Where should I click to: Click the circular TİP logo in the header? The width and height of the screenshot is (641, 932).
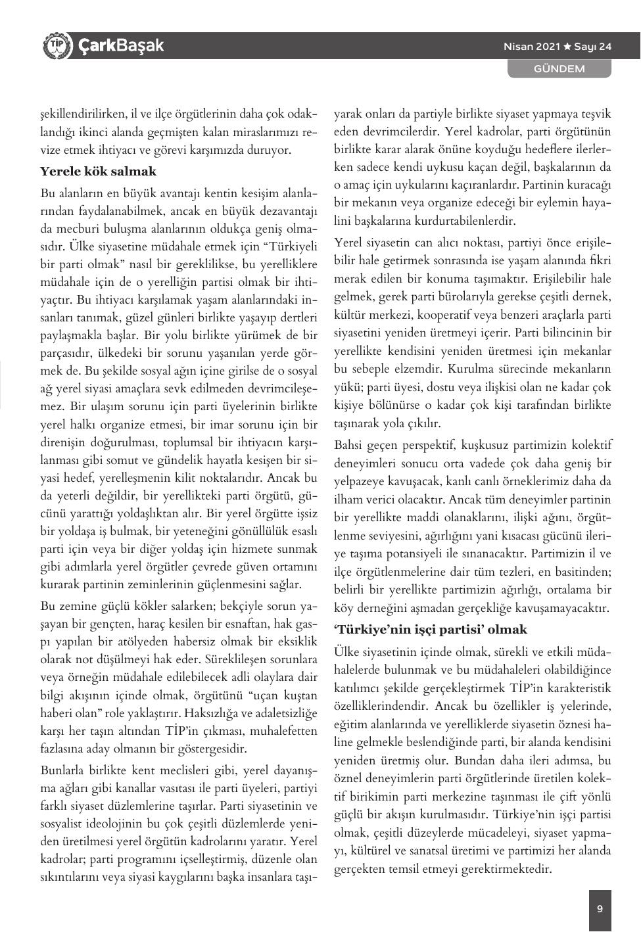tap(57, 45)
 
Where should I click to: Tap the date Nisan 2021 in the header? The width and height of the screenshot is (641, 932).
tap(531, 47)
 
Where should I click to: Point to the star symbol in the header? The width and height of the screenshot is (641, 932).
tap(567, 47)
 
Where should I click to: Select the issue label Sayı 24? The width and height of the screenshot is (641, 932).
tap(592, 47)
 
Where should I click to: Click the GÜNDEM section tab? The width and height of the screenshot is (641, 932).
tap(559, 68)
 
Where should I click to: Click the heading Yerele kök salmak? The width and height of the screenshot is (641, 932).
tap(99, 172)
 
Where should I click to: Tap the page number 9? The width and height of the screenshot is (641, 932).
tap(600, 909)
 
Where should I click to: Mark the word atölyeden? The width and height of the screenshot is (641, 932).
tap(154, 641)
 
